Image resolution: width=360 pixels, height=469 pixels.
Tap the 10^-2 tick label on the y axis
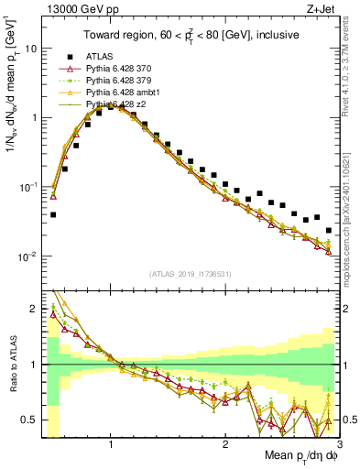29,256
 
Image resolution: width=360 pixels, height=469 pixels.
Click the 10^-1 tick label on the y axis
29,187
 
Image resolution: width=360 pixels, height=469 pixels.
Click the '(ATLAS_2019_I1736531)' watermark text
190,274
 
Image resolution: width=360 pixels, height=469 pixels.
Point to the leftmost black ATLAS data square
53,215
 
